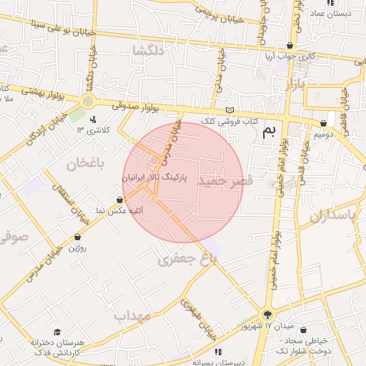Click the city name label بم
coord(269,131)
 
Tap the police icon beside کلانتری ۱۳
coord(93,119)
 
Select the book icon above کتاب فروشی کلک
coord(229,110)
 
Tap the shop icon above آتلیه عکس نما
coord(119,199)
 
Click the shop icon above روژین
coord(76,237)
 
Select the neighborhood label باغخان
coord(86,164)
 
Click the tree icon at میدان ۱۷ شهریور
coord(267,315)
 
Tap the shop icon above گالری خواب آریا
coord(290,46)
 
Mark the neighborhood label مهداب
coord(132,315)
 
